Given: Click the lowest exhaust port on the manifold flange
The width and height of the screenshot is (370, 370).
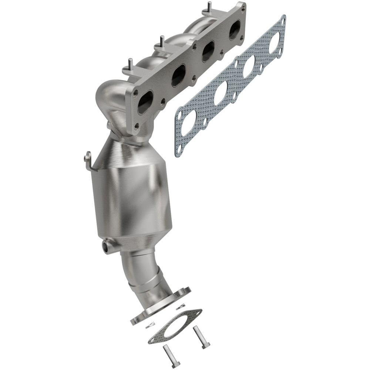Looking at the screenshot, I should tap(145, 102).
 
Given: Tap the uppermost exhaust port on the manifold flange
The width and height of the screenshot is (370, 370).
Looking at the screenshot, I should tap(235, 30).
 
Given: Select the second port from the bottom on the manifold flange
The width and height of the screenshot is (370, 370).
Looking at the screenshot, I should tap(179, 75).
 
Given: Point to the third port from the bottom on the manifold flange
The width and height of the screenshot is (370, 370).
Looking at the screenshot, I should tap(208, 51).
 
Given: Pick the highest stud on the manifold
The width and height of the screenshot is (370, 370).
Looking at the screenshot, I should tap(210, 7).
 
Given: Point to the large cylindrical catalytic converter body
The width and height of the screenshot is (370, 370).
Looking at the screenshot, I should tap(131, 200).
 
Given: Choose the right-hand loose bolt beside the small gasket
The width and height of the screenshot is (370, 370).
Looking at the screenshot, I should tap(201, 337).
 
